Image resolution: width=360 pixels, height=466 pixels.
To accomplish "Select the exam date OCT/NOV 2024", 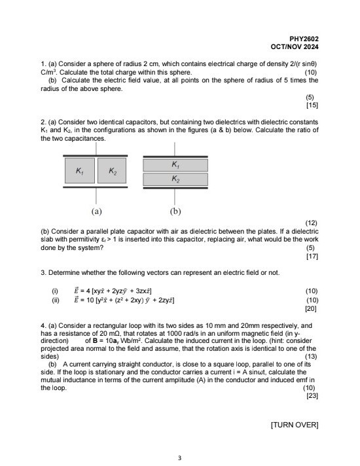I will coord(295,47).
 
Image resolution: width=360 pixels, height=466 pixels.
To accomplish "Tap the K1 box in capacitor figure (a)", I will coord(79,171).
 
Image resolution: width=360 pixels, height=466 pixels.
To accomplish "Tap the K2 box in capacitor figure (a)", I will coord(113,171).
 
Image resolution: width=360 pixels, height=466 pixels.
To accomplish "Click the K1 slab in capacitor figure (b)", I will coord(174,164).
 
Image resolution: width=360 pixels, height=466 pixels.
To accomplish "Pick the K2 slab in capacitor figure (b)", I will coord(174,179).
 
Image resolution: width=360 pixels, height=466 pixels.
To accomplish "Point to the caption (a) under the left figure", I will coord(96,211).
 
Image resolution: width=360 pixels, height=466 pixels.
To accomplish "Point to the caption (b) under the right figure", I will coord(175,211).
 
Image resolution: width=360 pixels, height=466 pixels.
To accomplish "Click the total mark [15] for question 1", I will coord(312,105).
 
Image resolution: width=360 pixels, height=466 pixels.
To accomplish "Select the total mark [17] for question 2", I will coord(312,256).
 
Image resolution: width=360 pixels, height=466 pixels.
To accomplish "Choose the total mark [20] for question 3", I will coord(312,307).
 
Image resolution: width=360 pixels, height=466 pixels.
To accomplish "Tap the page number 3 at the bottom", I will coord(180,457).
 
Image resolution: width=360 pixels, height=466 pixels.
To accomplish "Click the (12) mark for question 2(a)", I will coord(312,223).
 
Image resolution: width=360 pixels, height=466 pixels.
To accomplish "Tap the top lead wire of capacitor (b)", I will coord(175,149).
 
